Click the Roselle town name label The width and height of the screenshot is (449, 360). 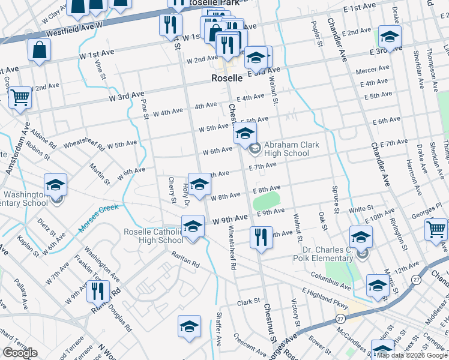pyautogui.click(x=227, y=78)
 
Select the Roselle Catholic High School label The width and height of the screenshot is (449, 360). pyautogui.click(x=154, y=236)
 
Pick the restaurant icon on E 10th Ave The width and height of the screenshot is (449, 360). pyautogui.click(x=261, y=237)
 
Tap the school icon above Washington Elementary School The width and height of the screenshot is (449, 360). pyautogui.click(x=56, y=184)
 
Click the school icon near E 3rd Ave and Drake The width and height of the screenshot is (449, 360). pyautogui.click(x=390, y=36)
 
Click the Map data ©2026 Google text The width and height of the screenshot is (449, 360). pyautogui.click(x=412, y=356)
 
